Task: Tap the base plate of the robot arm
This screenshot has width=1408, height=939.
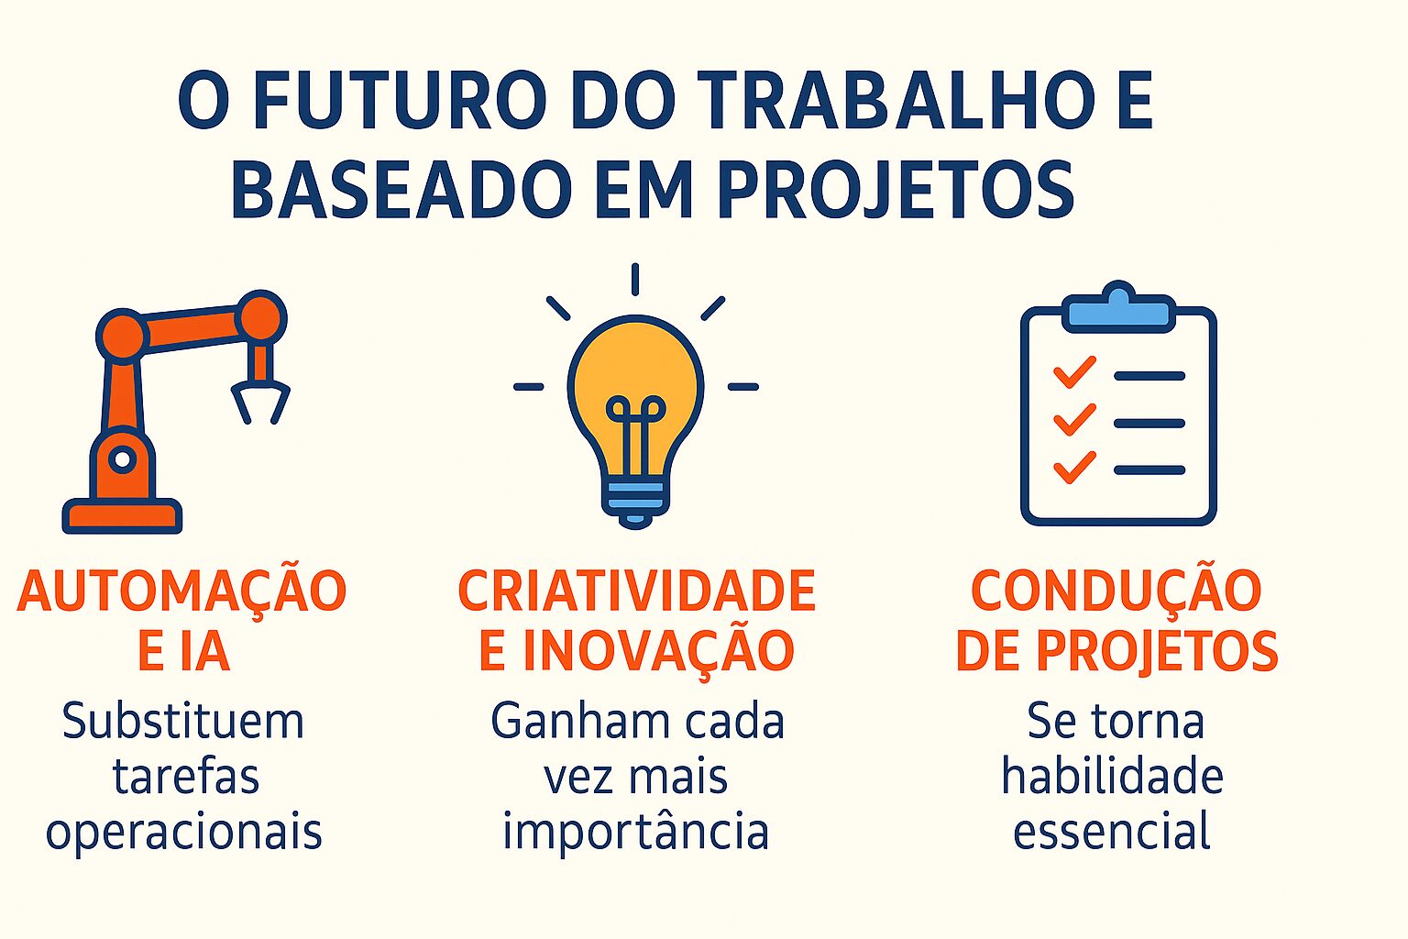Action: coord(122,517)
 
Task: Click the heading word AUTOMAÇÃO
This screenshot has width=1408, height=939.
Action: coord(181,591)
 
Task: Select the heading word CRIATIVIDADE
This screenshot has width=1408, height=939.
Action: coord(636,591)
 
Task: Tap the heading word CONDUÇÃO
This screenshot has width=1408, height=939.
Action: coord(1116,591)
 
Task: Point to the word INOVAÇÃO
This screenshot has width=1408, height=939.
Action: coord(657,651)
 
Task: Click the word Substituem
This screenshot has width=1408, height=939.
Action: coord(182,722)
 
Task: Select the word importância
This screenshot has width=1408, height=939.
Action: coord(635,833)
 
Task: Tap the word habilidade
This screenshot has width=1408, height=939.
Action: coord(1112,777)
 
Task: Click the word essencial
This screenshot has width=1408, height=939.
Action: coord(1111,832)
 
